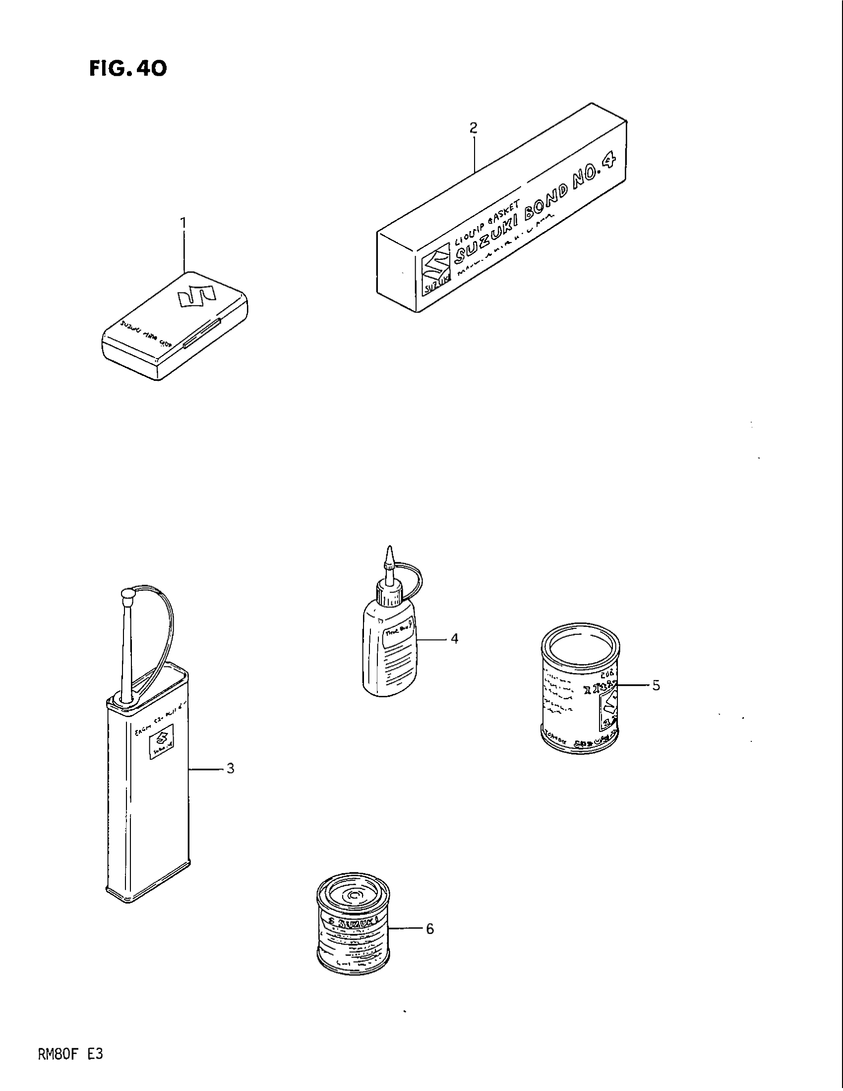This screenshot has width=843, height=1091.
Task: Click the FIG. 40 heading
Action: click(x=128, y=68)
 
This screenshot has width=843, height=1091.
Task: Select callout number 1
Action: click(x=183, y=222)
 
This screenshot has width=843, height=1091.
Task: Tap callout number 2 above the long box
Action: click(x=474, y=128)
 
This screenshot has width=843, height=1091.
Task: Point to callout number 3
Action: click(x=230, y=768)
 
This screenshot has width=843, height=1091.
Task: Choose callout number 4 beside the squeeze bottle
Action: click(x=454, y=638)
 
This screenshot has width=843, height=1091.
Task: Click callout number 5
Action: click(x=656, y=686)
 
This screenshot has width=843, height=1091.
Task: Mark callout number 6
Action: click(x=429, y=929)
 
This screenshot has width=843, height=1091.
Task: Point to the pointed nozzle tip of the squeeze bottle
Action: click(x=390, y=552)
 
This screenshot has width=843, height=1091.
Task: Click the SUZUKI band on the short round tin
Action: click(x=354, y=922)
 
